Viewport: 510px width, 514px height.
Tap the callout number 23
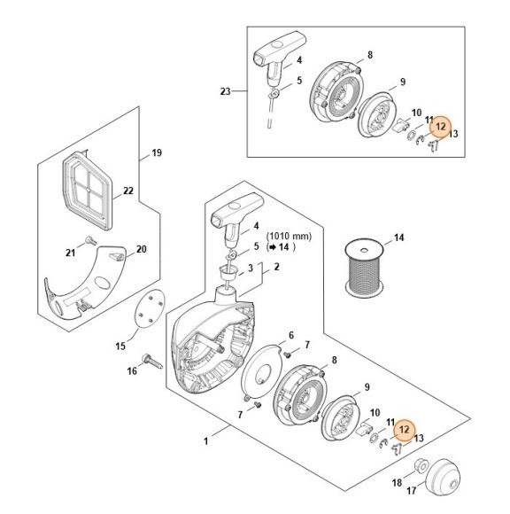click(225, 91)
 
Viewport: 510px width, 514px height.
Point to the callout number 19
click(157, 153)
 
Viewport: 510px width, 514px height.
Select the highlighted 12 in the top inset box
click(441, 126)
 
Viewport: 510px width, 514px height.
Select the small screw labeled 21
click(89, 241)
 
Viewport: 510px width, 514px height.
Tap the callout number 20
click(141, 250)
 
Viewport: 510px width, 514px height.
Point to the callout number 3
click(251, 268)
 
